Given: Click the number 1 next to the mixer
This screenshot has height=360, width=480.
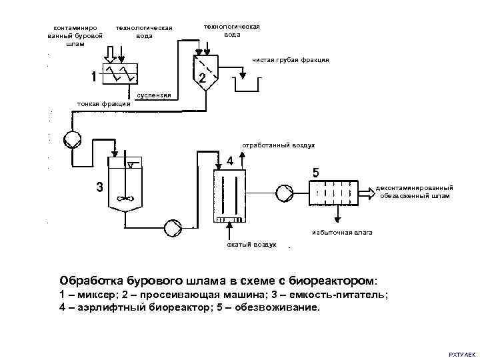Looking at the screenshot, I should pyautogui.click(x=94, y=76).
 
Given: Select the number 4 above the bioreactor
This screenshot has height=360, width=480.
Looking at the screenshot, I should pyautogui.click(x=229, y=161).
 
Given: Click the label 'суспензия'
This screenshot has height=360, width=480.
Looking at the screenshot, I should pyautogui.click(x=154, y=95).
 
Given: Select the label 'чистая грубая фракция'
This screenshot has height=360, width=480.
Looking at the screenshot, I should pyautogui.click(x=291, y=60).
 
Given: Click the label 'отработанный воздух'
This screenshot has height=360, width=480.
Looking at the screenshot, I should pyautogui.click(x=279, y=145).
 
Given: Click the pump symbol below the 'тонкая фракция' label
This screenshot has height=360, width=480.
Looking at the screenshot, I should pyautogui.click(x=71, y=140).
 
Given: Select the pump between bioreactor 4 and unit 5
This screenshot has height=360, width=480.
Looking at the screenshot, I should pyautogui.click(x=285, y=193).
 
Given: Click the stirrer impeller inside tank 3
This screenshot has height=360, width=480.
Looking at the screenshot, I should pyautogui.click(x=123, y=198).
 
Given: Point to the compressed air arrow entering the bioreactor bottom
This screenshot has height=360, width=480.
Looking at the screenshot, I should pyautogui.click(x=229, y=232).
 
